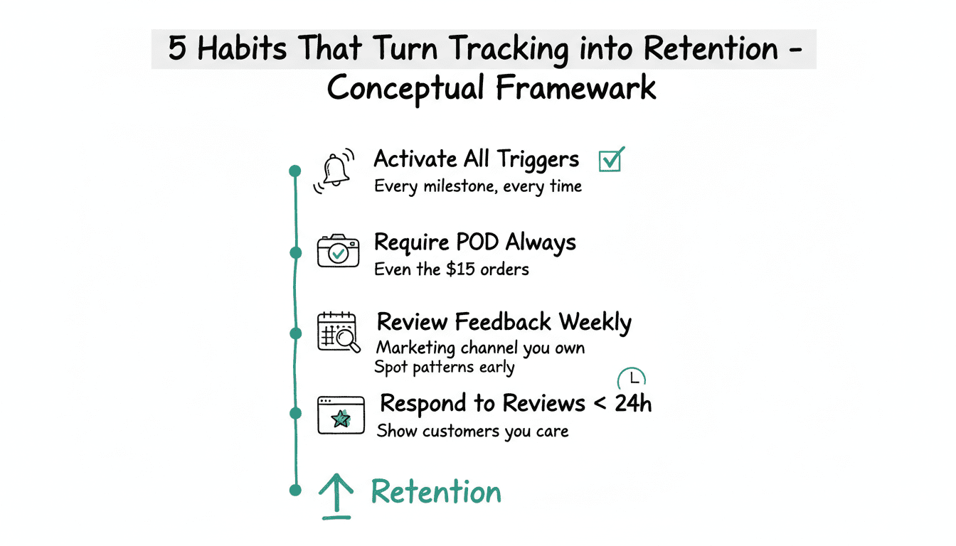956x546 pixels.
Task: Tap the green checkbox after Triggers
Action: click(x=611, y=159)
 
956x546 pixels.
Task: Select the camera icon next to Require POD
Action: click(x=338, y=251)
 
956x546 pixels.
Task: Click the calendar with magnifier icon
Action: click(x=339, y=332)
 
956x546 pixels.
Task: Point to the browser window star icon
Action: click(x=341, y=415)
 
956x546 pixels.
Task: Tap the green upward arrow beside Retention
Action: click(x=336, y=496)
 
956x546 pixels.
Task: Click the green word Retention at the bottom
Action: click(x=436, y=492)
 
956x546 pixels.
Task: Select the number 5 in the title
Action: click(x=177, y=48)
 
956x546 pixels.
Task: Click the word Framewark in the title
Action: click(x=575, y=87)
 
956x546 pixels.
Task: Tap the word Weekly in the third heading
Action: click(x=595, y=323)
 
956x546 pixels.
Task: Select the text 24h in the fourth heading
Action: click(x=633, y=403)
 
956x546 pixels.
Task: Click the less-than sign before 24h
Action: click(x=600, y=404)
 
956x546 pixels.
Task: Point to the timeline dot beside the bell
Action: click(x=295, y=171)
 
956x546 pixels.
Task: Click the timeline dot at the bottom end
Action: click(x=295, y=490)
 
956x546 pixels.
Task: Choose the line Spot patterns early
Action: click(x=445, y=368)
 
